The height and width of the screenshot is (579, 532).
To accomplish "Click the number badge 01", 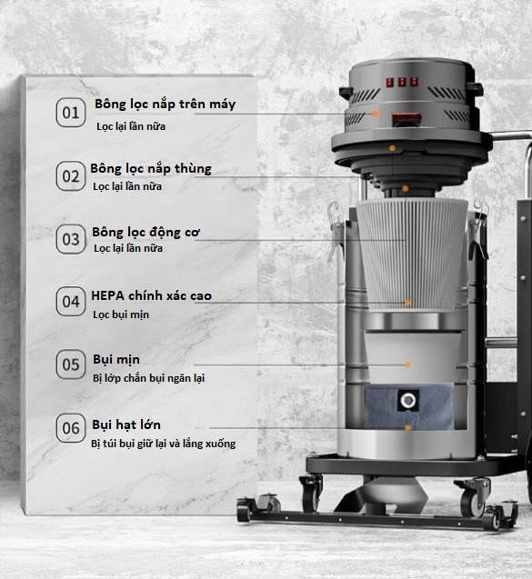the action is [x=71, y=113].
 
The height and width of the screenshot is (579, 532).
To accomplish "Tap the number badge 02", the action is [x=71, y=175].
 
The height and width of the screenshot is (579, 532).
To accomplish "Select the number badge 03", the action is [x=71, y=239].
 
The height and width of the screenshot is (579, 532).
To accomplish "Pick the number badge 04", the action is [x=71, y=302].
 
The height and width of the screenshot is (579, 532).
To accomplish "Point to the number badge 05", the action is [x=71, y=364].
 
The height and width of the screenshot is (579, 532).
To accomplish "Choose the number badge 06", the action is [x=71, y=428].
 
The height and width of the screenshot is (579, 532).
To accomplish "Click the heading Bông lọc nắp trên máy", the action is [x=166, y=105].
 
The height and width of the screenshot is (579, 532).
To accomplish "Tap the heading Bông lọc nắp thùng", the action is [x=151, y=169].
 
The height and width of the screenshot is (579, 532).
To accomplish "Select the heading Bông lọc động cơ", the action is [x=146, y=233].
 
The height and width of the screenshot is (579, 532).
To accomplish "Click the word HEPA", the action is [x=108, y=295].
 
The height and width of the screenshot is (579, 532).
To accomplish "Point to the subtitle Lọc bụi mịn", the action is [x=121, y=314].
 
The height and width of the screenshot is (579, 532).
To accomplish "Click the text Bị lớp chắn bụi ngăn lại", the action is [x=148, y=378].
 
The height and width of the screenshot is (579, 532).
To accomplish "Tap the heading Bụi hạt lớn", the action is [x=126, y=424].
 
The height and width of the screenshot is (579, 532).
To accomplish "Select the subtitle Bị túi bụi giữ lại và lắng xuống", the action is [x=164, y=444].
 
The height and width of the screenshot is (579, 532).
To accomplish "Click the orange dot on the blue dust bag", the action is [x=407, y=428].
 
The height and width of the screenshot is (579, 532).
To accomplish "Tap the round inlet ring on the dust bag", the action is [x=407, y=400].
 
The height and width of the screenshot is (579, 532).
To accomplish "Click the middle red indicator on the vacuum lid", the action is [x=402, y=82].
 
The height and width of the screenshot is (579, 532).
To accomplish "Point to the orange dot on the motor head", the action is [x=375, y=114].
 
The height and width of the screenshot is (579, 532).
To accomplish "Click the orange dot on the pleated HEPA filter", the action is [x=407, y=303].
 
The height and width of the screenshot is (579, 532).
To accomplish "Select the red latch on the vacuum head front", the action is [x=407, y=119].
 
